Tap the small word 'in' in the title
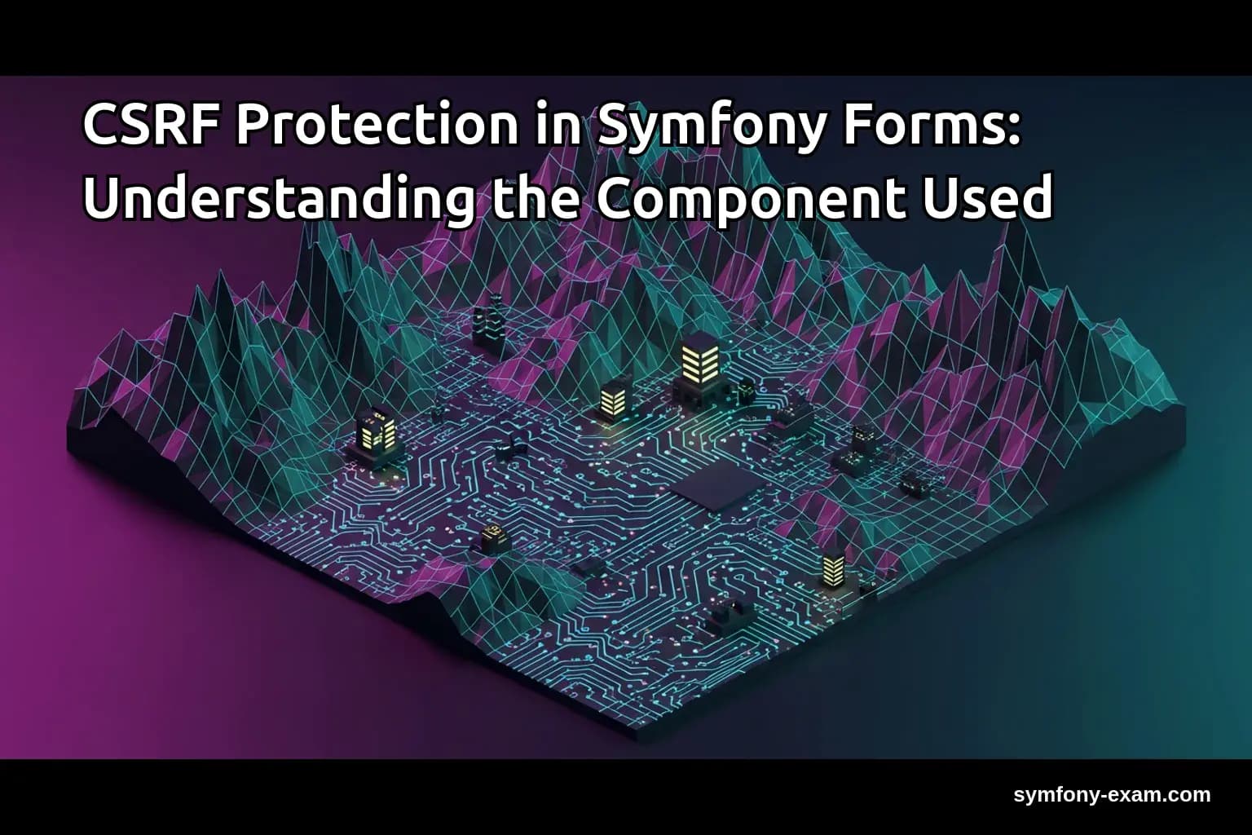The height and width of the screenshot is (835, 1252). (x=558, y=127)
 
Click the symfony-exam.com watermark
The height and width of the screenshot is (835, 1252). (x=1112, y=794)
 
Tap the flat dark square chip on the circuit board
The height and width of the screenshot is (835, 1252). (x=717, y=488)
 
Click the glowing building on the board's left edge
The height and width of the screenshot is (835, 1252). (x=378, y=432)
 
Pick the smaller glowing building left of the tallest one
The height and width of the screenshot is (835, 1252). (x=612, y=400)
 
